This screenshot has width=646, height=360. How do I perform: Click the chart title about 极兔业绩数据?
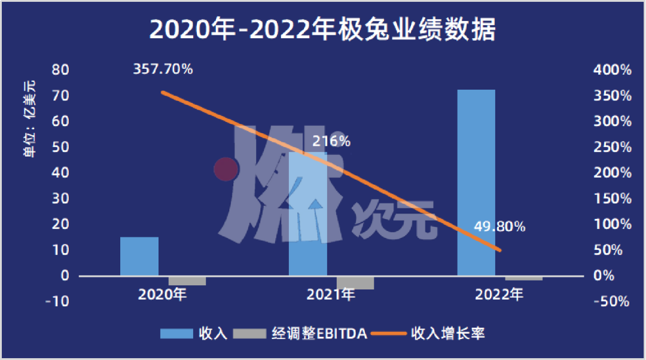tap(322, 29)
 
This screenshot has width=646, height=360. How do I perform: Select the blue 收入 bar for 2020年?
tap(139, 257)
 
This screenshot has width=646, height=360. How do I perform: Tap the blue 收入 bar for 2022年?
tap(476, 182)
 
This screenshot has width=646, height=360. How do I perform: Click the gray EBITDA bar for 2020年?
tap(187, 280)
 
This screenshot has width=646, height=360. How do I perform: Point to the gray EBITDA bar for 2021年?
tap(355, 282)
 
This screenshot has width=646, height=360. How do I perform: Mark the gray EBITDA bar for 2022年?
tap(524, 278)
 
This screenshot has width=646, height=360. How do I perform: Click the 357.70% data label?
tap(163, 69)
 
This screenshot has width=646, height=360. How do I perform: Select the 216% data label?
tap(331, 142)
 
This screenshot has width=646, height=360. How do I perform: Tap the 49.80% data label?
tap(499, 227)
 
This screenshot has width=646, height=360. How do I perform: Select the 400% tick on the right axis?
tap(612, 70)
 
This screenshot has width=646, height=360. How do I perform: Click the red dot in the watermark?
tap(226, 169)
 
